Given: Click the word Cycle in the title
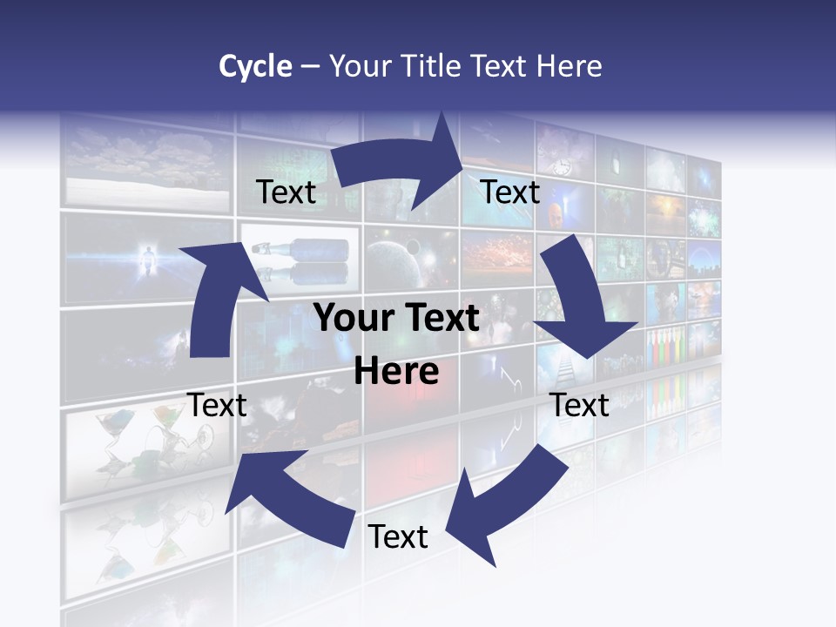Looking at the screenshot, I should coord(255,66).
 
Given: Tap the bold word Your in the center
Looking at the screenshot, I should coord(354,319).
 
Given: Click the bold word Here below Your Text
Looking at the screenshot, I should coord(396,372).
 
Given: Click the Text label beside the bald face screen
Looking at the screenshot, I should coord(510,192).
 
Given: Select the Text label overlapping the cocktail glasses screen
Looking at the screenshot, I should coord(217,405).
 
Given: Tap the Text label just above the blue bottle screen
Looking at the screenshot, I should coord(286,192).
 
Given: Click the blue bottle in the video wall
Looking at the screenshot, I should coord(300,248).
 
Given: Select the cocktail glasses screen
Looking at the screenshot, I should coord(131,444).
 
